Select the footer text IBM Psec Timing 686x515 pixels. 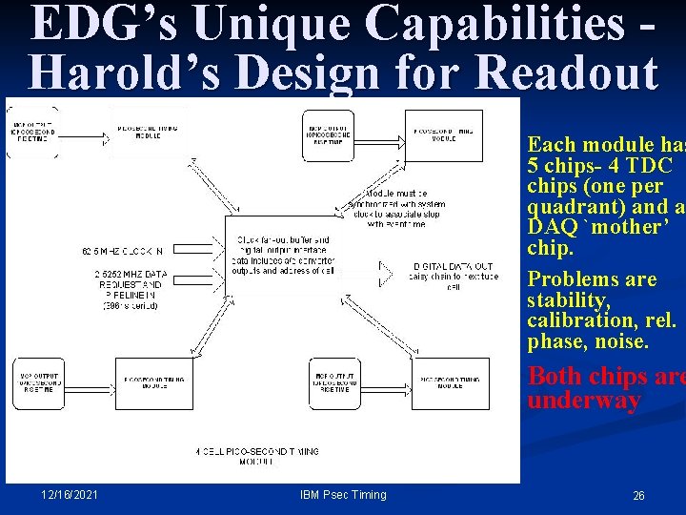click(x=343, y=494)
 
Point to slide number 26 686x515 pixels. click(x=638, y=495)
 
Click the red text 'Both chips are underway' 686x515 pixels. click(x=605, y=387)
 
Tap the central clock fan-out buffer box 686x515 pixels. click(x=283, y=256)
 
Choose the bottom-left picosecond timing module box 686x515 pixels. click(x=154, y=383)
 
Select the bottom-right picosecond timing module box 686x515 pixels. click(x=450, y=383)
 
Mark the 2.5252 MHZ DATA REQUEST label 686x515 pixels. click(x=122, y=282)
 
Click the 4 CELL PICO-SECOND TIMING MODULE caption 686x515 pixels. click(x=257, y=455)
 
